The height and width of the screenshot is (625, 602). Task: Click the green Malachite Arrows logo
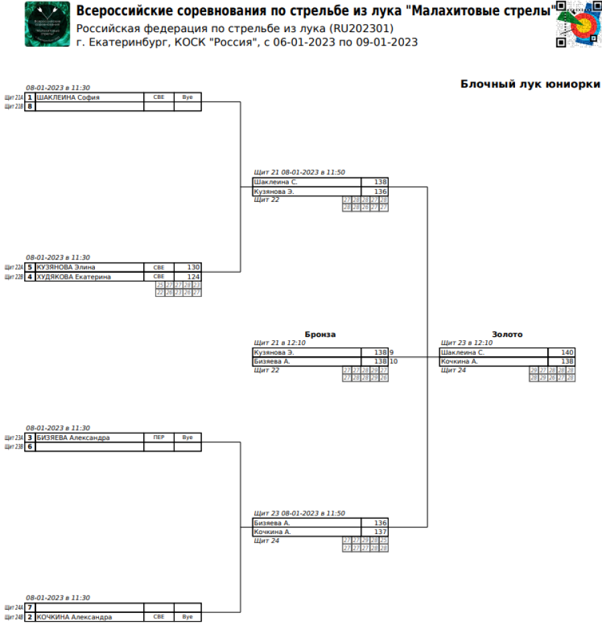(x=47, y=25)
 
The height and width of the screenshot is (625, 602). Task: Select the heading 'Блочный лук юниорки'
(x=530, y=84)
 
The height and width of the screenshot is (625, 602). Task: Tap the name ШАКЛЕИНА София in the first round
(x=68, y=97)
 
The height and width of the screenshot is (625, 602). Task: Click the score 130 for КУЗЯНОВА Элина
(x=193, y=267)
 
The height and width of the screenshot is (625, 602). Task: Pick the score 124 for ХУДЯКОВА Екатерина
(x=193, y=277)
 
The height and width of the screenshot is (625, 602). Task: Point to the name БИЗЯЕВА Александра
(x=73, y=438)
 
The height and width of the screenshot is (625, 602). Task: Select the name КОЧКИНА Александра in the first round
(x=74, y=617)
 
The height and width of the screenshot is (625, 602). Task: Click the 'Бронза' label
(x=320, y=334)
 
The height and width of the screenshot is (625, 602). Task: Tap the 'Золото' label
(x=507, y=334)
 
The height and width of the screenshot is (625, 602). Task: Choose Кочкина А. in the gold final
(x=459, y=362)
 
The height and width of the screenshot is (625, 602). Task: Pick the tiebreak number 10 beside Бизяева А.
(x=394, y=362)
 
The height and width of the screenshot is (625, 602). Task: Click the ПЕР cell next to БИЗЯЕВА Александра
(x=159, y=438)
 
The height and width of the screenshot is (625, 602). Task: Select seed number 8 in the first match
(x=30, y=106)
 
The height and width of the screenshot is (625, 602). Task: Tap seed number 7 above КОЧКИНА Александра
(x=30, y=608)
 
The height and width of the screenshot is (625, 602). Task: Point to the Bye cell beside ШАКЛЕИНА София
(x=187, y=97)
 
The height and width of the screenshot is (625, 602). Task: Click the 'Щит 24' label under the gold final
(x=454, y=370)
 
